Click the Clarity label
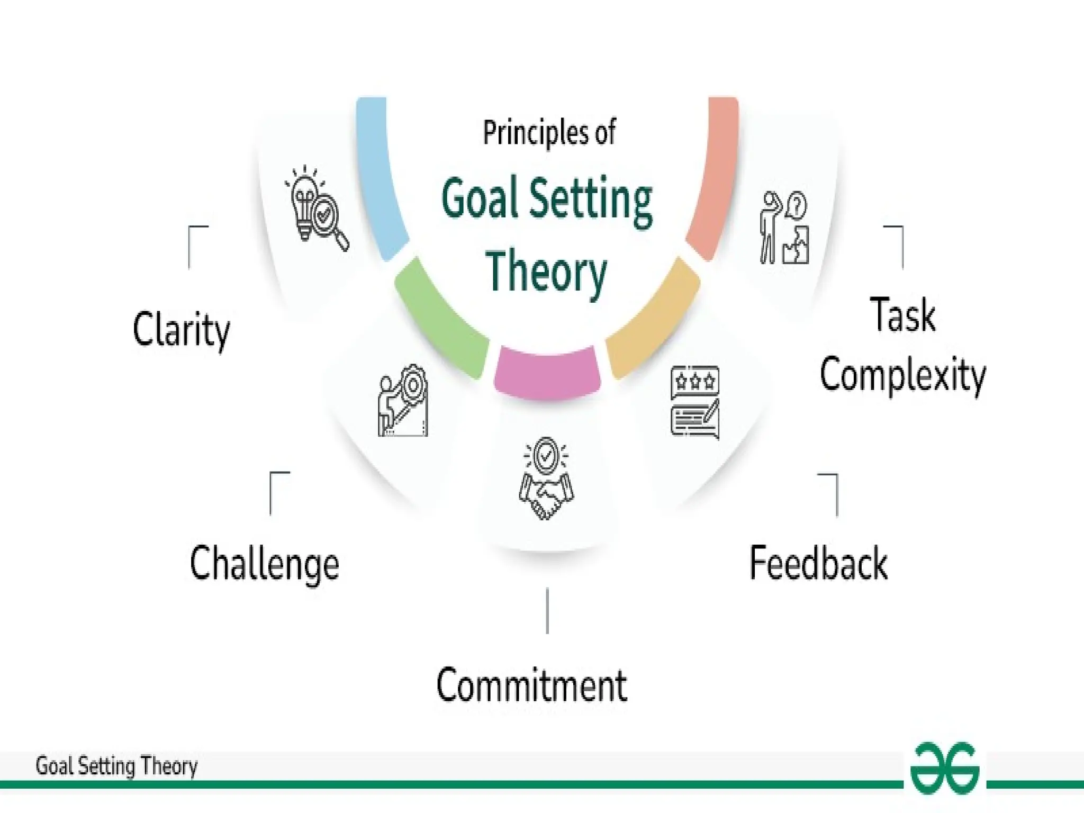coord(181,329)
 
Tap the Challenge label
coord(264,564)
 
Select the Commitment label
coord(531,685)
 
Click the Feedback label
coord(818,563)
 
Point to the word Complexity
coord(902,375)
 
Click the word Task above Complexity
coord(902,315)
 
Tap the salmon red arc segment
coord(715,180)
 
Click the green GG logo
coord(945,768)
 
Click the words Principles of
coord(549,132)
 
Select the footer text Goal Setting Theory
coord(116,766)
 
